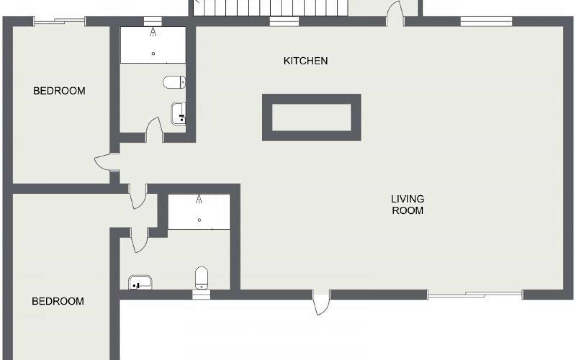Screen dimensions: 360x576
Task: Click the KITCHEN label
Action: [x=305, y=61]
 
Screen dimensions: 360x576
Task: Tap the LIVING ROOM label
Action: [x=407, y=205]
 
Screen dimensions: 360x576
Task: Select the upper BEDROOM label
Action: [x=59, y=91]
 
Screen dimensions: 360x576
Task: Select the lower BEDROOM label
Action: [x=58, y=301]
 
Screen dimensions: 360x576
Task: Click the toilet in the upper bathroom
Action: [x=174, y=82]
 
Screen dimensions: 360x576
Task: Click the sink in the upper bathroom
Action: [x=178, y=113]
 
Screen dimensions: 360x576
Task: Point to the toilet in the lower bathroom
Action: [x=201, y=278]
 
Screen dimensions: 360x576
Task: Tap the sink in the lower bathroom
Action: [x=140, y=283]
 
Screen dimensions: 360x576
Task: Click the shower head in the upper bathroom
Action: [x=153, y=31]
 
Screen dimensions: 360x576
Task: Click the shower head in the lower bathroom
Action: [x=199, y=199]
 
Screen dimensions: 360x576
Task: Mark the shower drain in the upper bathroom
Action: [x=153, y=54]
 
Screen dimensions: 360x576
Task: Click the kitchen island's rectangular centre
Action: [x=311, y=118]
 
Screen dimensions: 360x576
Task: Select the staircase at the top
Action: [x=270, y=7]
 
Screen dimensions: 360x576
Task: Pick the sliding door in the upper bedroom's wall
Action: [x=59, y=21]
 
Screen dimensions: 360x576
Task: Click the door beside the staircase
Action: [x=395, y=13]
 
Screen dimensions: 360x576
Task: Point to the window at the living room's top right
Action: [x=486, y=21]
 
